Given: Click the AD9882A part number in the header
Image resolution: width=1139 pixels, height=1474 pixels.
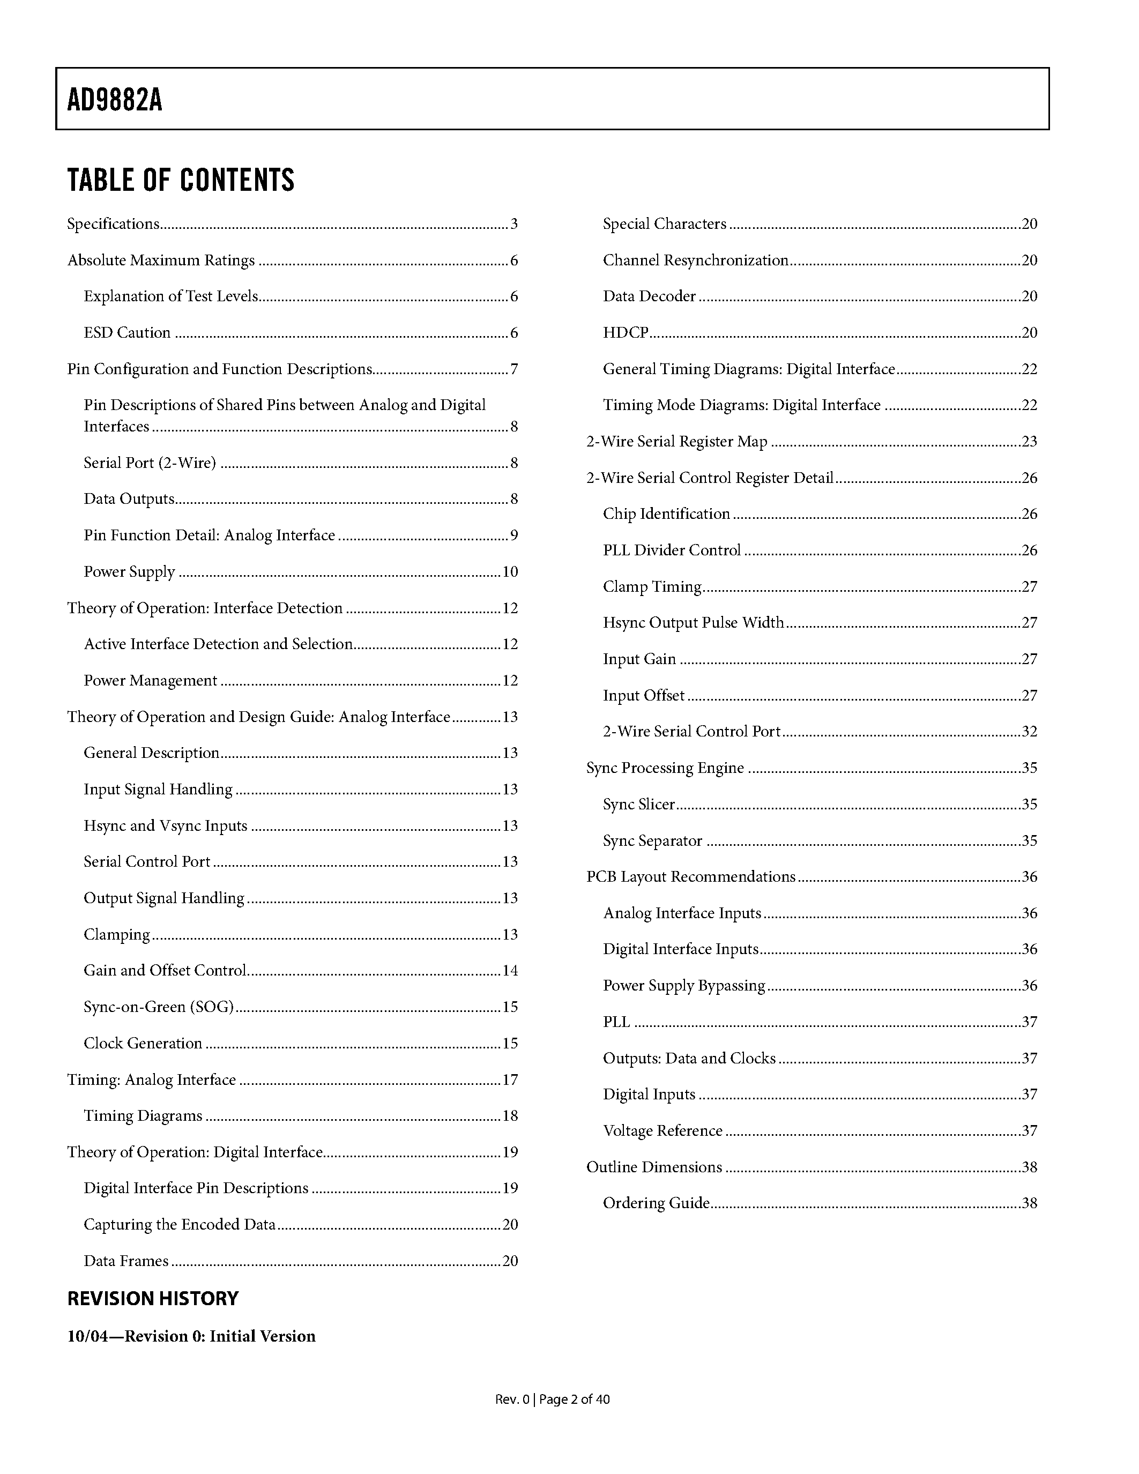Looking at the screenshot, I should click(x=115, y=101).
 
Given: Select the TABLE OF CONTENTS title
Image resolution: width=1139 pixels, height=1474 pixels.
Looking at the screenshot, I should click(x=181, y=180).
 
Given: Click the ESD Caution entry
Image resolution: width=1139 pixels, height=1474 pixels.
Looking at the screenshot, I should click(x=127, y=333).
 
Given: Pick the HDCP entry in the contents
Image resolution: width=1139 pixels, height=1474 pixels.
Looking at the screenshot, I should click(x=626, y=333).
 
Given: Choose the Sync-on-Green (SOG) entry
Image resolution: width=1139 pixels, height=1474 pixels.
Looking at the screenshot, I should click(x=159, y=1007).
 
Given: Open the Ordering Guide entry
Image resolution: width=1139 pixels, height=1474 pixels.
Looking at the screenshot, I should click(x=656, y=1203).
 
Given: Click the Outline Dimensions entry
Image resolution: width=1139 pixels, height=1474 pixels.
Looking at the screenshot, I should click(x=654, y=1167).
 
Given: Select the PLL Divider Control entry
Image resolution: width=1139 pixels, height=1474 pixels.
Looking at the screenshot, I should click(x=672, y=550).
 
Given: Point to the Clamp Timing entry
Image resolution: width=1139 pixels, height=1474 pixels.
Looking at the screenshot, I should click(x=652, y=586).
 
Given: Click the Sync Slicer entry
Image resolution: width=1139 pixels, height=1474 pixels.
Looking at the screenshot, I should click(x=639, y=805).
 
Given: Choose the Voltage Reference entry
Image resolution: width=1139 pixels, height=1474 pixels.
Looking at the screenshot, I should click(x=662, y=1130).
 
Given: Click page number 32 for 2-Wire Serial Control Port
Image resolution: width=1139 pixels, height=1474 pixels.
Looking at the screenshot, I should click(x=1030, y=732).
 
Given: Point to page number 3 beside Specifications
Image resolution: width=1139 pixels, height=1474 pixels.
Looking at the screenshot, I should click(x=513, y=224).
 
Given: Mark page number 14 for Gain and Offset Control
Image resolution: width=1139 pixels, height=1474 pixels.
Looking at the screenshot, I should click(x=510, y=971).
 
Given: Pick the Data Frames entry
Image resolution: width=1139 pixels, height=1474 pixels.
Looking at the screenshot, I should click(x=126, y=1261).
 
